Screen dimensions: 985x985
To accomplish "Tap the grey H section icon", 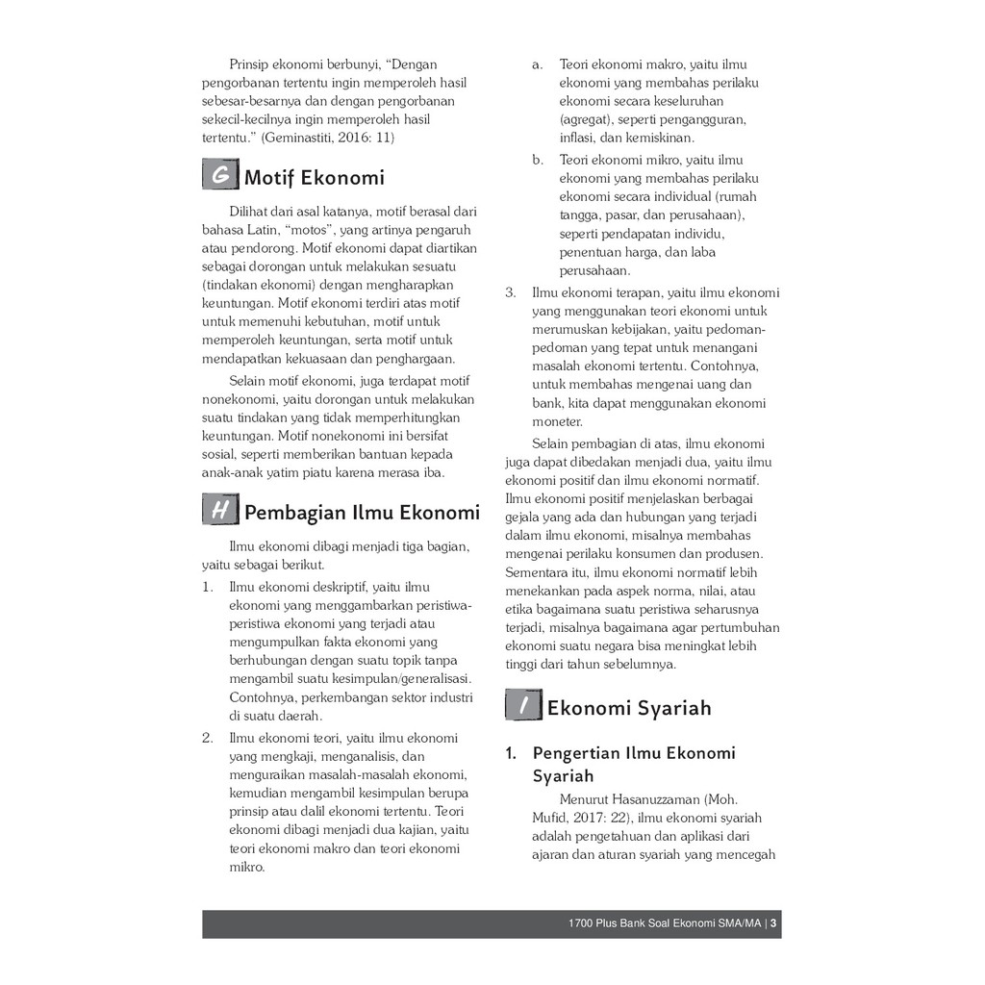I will click(x=220, y=510).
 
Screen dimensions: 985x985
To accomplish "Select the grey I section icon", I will click(x=522, y=706).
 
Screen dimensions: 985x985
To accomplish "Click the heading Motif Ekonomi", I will click(x=315, y=178).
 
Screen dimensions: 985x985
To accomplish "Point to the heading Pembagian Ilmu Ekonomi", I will click(x=362, y=512).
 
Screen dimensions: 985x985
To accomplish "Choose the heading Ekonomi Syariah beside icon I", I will click(x=629, y=709).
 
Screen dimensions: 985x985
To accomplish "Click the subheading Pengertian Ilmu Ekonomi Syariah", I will click(x=633, y=764).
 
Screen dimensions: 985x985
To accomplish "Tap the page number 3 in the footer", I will click(x=773, y=924).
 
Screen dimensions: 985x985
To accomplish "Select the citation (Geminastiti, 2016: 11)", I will click(x=327, y=138).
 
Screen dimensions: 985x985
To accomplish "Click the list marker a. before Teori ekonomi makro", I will click(x=538, y=64).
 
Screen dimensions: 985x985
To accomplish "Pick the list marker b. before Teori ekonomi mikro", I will click(x=538, y=160).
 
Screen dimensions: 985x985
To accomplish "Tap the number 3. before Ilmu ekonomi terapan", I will click(x=511, y=292).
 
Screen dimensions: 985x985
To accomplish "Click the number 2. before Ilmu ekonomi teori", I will click(x=208, y=739).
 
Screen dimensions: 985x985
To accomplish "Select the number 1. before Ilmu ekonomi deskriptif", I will click(x=208, y=587).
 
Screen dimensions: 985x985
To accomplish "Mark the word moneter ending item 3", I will click(x=557, y=421).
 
